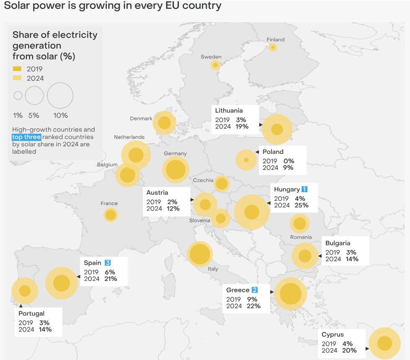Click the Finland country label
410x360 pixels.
(x=275, y=40)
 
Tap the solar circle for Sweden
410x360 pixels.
(x=215, y=65)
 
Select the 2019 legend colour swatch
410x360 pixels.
(x=17, y=69)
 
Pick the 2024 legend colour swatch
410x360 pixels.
(x=17, y=78)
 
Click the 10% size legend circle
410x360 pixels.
(x=60, y=95)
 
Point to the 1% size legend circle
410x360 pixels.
(x=18, y=95)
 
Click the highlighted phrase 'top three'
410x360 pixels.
(x=26, y=137)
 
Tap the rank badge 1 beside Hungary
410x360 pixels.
(x=304, y=189)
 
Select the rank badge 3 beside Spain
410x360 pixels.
(x=108, y=263)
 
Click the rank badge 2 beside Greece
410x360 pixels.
(x=255, y=290)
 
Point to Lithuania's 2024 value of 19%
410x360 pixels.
(x=242, y=126)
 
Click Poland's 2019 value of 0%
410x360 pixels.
(x=289, y=161)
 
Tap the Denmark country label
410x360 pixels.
(x=141, y=118)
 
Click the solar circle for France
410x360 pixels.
(x=111, y=215)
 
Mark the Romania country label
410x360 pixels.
(x=301, y=237)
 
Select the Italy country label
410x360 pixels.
(x=213, y=269)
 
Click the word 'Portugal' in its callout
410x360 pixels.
(x=31, y=314)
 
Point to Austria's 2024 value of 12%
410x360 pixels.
(x=173, y=208)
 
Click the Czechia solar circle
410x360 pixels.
(x=221, y=183)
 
